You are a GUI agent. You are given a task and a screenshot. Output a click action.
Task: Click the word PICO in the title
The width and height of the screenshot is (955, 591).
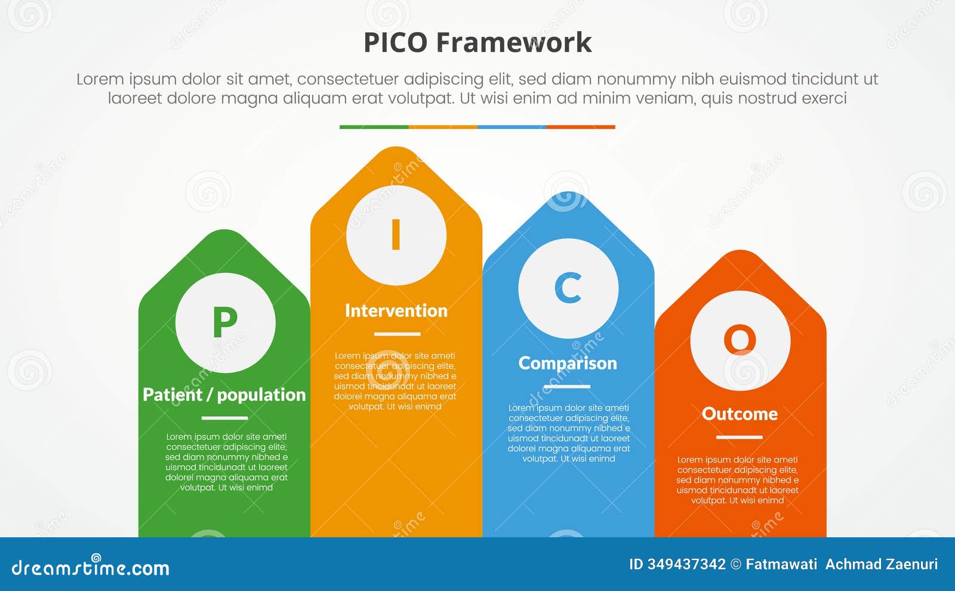pos(395,43)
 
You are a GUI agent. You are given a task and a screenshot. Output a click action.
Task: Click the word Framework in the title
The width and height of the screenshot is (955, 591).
pos(513,43)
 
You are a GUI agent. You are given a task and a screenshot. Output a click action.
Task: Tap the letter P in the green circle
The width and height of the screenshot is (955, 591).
pos(225,323)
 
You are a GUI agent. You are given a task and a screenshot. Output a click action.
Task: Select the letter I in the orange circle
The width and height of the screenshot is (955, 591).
pos(396,235)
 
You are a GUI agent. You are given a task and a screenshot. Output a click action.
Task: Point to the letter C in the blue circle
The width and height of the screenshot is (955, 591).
pos(568,288)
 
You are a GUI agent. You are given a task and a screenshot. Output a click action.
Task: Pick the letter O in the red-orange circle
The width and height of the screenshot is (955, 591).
pos(740,340)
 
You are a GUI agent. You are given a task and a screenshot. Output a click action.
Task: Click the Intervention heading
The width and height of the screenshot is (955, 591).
pos(396,310)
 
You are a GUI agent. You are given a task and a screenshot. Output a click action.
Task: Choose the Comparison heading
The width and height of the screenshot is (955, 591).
pos(568,363)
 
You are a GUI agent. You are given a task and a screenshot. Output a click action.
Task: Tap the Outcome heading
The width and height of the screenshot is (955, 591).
pos(740,414)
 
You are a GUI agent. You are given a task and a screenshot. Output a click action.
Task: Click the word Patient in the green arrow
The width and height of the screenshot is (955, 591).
pos(172,395)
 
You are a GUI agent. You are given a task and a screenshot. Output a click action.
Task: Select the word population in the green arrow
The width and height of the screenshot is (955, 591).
pos(261,395)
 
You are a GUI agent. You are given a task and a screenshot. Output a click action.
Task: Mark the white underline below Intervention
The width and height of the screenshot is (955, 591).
pos(397,334)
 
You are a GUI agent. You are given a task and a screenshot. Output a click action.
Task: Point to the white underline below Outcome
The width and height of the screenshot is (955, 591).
pos(739,437)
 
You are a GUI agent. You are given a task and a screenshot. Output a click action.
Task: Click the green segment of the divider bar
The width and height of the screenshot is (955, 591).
pos(374,127)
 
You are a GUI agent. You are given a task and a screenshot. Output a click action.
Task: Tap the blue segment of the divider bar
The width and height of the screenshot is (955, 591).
pos(512,127)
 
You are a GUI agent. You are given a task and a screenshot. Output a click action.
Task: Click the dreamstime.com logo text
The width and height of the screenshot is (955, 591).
pos(90,567)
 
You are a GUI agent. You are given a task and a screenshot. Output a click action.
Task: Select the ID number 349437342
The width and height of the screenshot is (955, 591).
pos(686,564)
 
